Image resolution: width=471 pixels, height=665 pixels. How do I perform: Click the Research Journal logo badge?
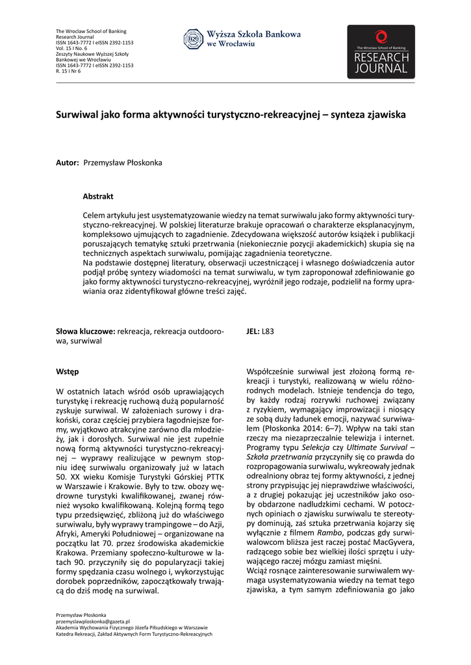381,52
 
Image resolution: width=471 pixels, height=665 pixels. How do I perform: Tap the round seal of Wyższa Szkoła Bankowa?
194,39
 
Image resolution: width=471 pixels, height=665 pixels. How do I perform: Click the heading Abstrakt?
98,196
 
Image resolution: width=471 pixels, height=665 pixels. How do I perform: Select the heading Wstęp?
68,371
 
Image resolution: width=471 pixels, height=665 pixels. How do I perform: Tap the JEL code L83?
268,331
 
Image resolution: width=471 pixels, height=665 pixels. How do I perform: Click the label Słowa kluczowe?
85,331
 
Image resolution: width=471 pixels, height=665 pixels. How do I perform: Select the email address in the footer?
93,621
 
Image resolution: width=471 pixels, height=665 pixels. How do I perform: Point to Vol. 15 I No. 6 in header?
71,49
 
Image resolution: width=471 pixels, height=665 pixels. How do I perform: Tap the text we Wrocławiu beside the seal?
231,44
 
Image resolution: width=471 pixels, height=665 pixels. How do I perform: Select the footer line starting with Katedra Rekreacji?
134,634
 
